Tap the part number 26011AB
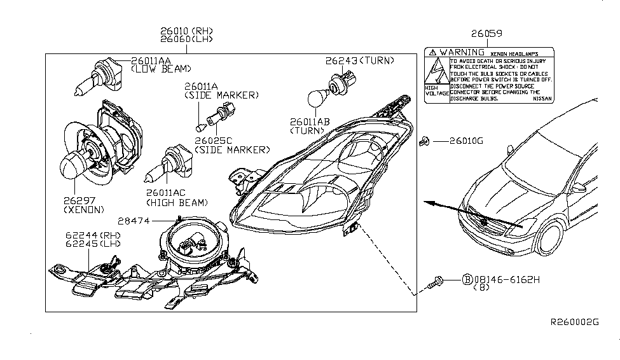coord(310,121)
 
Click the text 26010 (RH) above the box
coord(190,31)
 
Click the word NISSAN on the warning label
coord(542,99)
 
